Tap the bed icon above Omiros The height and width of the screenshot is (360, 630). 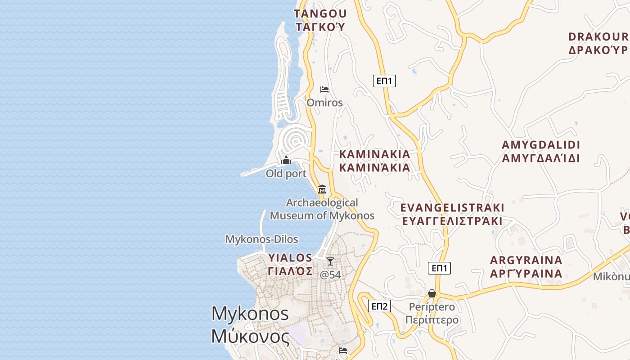[x=324, y=89]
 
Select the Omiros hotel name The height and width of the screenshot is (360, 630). [x=324, y=103]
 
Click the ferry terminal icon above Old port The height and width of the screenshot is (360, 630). [x=286, y=160]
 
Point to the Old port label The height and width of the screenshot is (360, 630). [x=286, y=173]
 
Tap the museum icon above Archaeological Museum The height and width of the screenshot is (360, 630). [x=322, y=189]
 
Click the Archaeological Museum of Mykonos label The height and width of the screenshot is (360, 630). [x=322, y=209]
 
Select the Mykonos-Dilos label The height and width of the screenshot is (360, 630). [x=261, y=239]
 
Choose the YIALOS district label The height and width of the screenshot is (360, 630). [x=290, y=258]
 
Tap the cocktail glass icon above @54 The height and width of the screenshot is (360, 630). [x=330, y=261]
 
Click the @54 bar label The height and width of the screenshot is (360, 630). [x=330, y=274]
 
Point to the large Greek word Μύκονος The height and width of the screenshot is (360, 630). [x=250, y=336]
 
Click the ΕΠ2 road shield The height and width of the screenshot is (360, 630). [x=379, y=306]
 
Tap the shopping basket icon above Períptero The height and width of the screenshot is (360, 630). [x=432, y=293]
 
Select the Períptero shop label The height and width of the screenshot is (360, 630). [x=432, y=307]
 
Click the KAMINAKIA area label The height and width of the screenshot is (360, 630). [x=374, y=154]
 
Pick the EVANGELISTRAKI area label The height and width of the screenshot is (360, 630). [x=452, y=208]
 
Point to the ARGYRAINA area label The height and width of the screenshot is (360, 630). [x=526, y=261]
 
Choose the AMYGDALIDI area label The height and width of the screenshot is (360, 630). [x=541, y=145]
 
